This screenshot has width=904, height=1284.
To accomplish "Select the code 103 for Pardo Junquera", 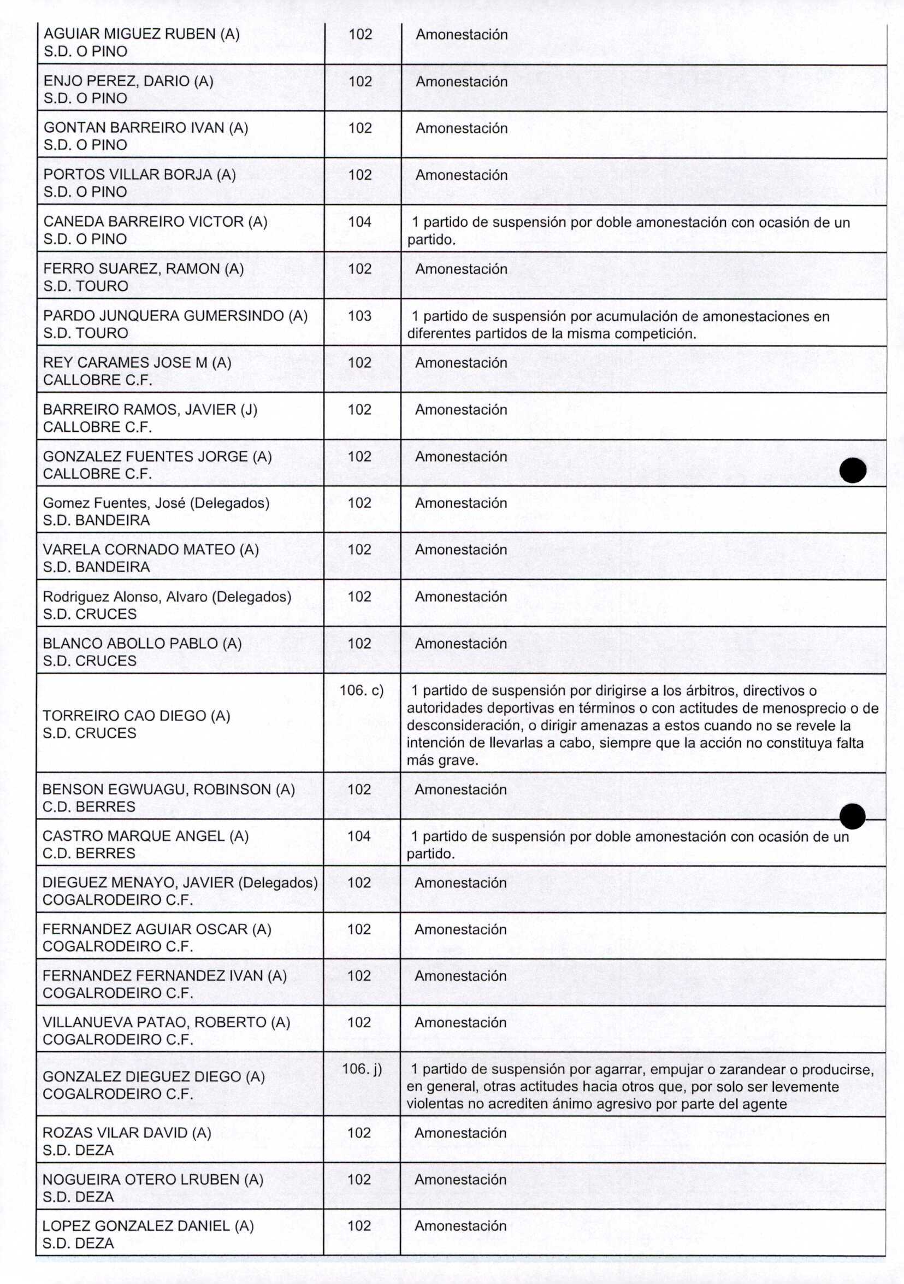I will [x=359, y=316].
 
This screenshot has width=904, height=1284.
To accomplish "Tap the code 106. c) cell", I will [x=361, y=691].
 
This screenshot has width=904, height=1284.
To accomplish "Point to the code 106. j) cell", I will [x=361, y=1069].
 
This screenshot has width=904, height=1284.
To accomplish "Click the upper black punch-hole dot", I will [x=853, y=470].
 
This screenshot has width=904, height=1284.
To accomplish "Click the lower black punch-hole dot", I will [x=852, y=816].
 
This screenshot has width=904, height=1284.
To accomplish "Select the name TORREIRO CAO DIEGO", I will [x=136, y=716].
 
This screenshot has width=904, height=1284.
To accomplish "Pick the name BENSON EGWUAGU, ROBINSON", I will [x=168, y=789].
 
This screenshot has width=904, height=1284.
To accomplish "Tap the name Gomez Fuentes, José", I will [x=156, y=503].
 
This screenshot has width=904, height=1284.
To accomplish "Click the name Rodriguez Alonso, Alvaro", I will [x=167, y=597].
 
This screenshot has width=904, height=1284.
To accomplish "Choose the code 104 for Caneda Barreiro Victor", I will [x=359, y=222].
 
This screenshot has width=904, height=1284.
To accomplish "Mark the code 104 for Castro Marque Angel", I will [x=359, y=836].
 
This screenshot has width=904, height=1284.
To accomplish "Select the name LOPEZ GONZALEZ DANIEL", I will [x=147, y=1226].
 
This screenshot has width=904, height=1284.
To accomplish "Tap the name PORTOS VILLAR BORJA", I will [x=139, y=174].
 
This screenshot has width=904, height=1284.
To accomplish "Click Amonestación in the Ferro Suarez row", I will [x=460, y=269].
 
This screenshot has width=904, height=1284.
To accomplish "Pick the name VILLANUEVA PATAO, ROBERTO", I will [x=166, y=1022].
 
